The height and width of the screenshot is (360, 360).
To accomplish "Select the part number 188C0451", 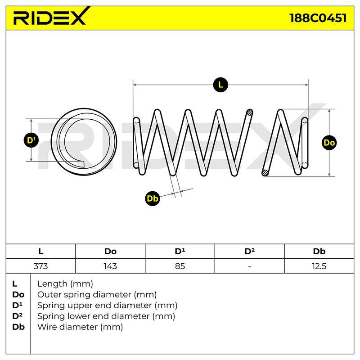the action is pyautogui.click(x=318, y=18).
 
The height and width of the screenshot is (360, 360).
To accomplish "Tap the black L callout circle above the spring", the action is pyautogui.click(x=220, y=85).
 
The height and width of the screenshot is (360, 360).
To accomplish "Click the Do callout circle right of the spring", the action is pyautogui.click(x=329, y=143).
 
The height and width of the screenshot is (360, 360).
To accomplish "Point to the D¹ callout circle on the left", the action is pyautogui.click(x=31, y=140).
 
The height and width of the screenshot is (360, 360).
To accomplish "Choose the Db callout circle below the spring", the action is pyautogui.click(x=153, y=198).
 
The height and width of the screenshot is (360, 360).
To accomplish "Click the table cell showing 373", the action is pyautogui.click(x=40, y=266).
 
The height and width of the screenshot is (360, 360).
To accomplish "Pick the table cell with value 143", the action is pyautogui.click(x=110, y=266).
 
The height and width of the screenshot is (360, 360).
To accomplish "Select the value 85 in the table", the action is pyautogui.click(x=180, y=266).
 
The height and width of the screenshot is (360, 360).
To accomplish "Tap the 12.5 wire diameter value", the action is pyautogui.click(x=319, y=266).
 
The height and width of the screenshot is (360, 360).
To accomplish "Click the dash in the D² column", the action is pyautogui.click(x=250, y=266).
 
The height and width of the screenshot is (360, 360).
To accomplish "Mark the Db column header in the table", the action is pyautogui.click(x=319, y=252).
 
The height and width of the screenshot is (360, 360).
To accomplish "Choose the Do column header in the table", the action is pyautogui.click(x=110, y=252).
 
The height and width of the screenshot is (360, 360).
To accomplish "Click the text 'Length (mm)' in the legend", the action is pyautogui.click(x=65, y=284).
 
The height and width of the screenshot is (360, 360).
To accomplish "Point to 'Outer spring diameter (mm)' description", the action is pyautogui.click(x=97, y=295).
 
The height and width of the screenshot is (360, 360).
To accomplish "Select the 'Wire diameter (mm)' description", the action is pyautogui.click(x=80, y=327).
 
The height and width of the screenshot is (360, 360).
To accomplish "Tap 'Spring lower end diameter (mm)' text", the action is pyautogui.click(x=106, y=316).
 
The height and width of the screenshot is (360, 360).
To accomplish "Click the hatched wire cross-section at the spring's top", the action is pyautogui.click(x=250, y=112).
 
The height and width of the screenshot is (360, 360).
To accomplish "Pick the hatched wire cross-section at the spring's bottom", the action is pyautogui.click(x=265, y=173).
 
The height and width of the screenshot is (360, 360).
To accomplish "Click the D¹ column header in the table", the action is pyautogui.click(x=180, y=251).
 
